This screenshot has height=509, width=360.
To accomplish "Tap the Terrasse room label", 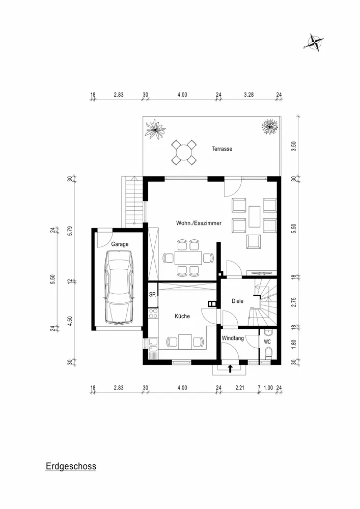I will coord(222,149).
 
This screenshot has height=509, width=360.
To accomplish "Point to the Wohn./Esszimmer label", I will coord(198,223).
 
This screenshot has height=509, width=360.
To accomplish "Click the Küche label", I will coord(182,316).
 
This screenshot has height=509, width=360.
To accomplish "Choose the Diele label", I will coord(237,301).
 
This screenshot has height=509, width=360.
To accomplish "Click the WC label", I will coord(267,342).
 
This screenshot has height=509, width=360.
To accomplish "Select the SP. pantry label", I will coord(152,295).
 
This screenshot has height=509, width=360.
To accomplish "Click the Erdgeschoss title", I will coord(71,466).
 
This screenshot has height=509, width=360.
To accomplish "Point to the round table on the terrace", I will coord(183,152).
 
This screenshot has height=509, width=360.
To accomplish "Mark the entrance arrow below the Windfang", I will coord(230,368).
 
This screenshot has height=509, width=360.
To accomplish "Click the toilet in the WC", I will coord(268,354).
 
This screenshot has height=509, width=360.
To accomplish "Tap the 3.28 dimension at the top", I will coord(248,95).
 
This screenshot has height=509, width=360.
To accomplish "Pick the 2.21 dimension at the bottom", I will coord(240,388).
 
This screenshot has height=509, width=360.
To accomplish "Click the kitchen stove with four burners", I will coord(152,314).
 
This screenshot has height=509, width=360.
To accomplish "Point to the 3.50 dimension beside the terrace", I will coord(293,147).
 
